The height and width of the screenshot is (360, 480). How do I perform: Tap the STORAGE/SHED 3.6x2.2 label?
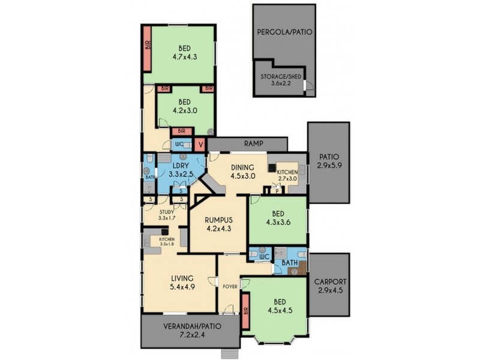tap(280, 80)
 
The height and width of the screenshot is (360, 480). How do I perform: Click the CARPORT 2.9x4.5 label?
tap(329, 286)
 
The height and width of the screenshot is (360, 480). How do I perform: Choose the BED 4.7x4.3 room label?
tap(184, 53)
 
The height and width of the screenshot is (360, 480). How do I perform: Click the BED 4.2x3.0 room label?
tap(184, 106)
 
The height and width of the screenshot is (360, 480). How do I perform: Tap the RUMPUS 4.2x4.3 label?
tap(218, 223)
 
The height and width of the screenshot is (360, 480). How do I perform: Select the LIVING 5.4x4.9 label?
tap(181, 282)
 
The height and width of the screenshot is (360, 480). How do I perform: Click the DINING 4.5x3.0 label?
tap(242, 172)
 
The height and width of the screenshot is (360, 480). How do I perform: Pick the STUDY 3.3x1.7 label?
tap(167, 215)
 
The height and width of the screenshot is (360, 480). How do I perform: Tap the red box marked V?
tap(200, 144)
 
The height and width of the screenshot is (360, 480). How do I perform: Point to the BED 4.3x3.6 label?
tap(278, 217)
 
